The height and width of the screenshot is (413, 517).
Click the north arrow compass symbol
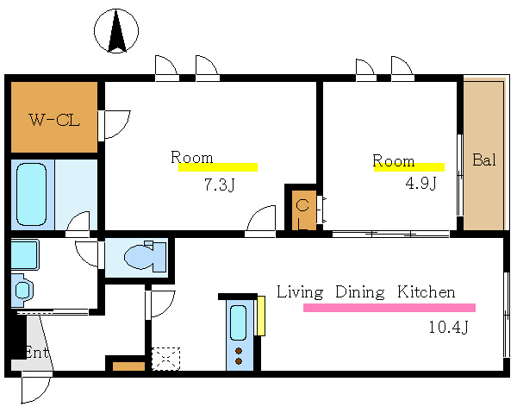[x=116, y=31]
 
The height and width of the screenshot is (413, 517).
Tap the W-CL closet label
[x=54, y=120]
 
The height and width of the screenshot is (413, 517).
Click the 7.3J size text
[x=219, y=185]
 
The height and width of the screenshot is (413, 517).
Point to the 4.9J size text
[x=420, y=183]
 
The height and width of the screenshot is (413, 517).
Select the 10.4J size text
[x=448, y=327]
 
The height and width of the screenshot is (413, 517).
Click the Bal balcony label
[x=484, y=160]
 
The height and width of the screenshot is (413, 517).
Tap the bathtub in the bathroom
[x=31, y=195]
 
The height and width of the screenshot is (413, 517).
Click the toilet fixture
[x=145, y=257]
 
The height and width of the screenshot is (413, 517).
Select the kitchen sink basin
[x=238, y=322]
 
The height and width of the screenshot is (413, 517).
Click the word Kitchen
[x=426, y=292]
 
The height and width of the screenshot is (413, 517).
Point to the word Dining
[x=359, y=292]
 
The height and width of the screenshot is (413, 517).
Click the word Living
[x=300, y=292]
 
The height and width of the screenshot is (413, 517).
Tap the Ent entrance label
[x=37, y=353]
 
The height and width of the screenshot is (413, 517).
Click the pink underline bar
[x=389, y=308]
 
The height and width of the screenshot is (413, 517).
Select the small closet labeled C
[x=304, y=210]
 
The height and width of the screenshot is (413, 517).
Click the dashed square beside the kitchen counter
[x=165, y=359]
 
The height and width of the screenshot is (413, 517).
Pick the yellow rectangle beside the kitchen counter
[x=261, y=316]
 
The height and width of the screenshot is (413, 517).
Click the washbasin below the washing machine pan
[x=22, y=291]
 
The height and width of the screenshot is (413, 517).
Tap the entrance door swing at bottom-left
[x=35, y=389]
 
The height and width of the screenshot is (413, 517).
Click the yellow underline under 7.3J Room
[x=218, y=167]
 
